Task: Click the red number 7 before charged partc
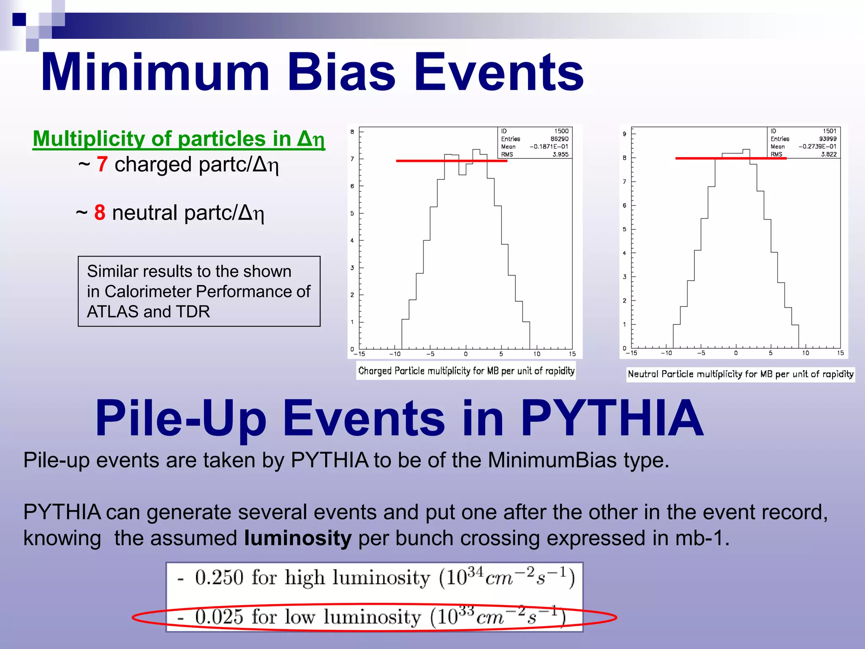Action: pyautogui.click(x=102, y=164)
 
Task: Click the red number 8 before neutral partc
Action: pyautogui.click(x=100, y=213)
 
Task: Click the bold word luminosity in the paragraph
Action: pyautogui.click(x=298, y=538)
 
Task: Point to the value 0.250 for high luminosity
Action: pyautogui.click(x=219, y=578)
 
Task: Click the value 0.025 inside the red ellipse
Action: pyautogui.click(x=219, y=617)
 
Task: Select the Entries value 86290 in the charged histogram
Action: pyautogui.click(x=559, y=139)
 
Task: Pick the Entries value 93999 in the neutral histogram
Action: pyautogui.click(x=827, y=139)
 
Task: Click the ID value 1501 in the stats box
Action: pyautogui.click(x=829, y=131)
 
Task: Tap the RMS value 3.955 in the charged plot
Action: pyautogui.click(x=560, y=155)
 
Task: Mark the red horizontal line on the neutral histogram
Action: pyautogui.click(x=731, y=158)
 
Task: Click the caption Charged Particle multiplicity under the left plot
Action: pyautogui.click(x=466, y=371)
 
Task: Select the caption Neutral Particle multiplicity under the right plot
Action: pyautogui.click(x=740, y=374)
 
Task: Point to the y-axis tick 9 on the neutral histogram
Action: pyautogui.click(x=625, y=134)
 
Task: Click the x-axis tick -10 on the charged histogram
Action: pyautogui.click(x=395, y=354)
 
